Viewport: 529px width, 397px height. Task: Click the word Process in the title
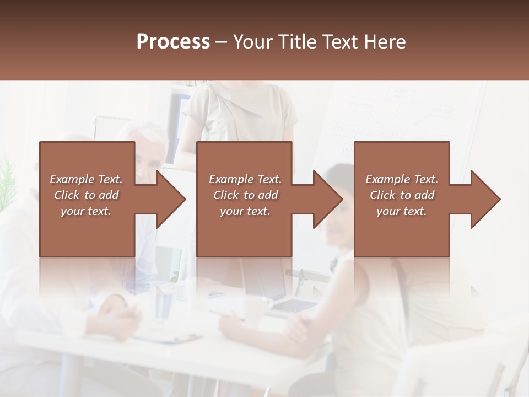[173, 41]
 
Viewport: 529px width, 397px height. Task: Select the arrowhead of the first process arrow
[171, 199]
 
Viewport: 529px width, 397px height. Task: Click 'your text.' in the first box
[86, 211]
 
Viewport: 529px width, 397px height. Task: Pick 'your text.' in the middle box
[245, 211]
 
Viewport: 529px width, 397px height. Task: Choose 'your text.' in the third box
[402, 211]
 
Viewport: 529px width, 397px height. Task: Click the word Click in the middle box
[225, 195]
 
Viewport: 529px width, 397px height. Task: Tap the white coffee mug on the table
[255, 310]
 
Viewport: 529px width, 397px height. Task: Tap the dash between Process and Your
[221, 42]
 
